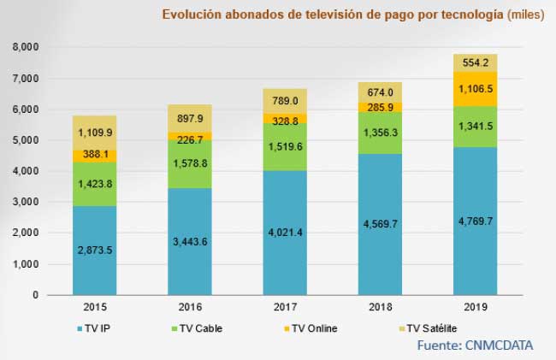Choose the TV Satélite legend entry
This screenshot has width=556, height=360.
436,327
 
